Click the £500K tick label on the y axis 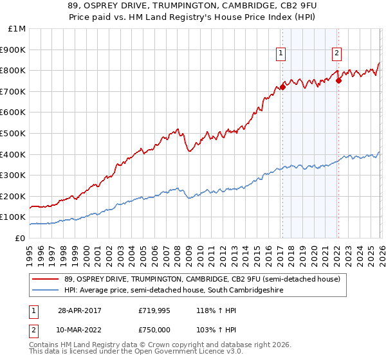click(x=12, y=133)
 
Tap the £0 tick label click(x=20, y=238)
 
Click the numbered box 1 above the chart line click(x=282, y=54)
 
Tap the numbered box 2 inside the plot click(x=337, y=54)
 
